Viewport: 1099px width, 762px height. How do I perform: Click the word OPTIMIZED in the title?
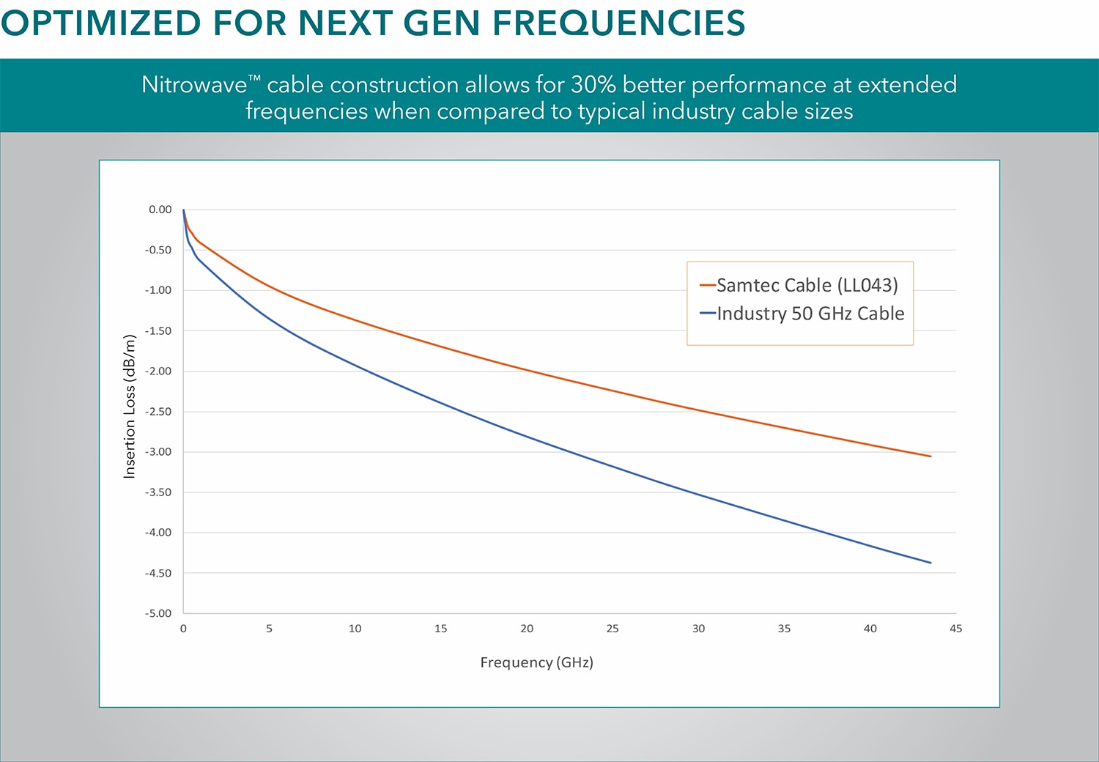[101, 23]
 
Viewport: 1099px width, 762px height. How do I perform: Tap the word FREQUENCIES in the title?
[618, 23]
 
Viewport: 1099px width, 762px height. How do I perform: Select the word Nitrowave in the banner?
[194, 85]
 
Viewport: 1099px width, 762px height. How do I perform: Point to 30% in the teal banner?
[593, 85]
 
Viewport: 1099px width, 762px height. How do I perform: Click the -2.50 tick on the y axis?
[158, 411]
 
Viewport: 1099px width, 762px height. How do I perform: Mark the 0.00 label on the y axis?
[160, 210]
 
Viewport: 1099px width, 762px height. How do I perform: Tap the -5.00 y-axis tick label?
[158, 613]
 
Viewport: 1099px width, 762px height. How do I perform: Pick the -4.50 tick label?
[158, 573]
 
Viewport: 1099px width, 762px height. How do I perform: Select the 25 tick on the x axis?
[613, 629]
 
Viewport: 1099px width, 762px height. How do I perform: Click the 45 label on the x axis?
[955, 629]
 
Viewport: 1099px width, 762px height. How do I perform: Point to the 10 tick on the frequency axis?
[355, 629]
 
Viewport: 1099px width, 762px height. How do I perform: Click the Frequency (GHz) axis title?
[537, 662]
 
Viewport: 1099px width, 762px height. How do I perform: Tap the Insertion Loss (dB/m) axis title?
[129, 406]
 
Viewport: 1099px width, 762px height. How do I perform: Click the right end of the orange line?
[930, 456]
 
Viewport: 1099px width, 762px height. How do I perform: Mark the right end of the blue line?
[930, 563]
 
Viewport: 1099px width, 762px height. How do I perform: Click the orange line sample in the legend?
[708, 285]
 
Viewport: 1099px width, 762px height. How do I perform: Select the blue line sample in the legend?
[708, 313]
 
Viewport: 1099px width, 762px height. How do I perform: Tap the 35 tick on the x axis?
[784, 629]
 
